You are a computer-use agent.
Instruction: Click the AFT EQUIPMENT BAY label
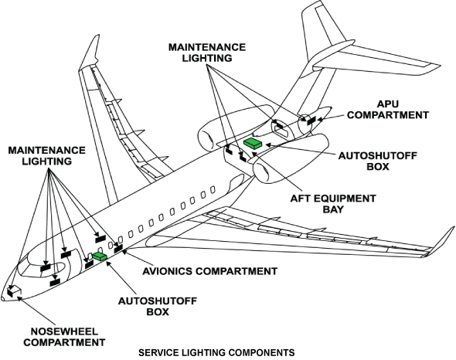click(x=333, y=204)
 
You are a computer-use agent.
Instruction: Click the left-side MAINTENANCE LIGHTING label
click(x=48, y=155)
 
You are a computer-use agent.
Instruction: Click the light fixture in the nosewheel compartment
click(x=13, y=291)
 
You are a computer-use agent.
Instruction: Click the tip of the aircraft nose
click(x=4, y=298)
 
